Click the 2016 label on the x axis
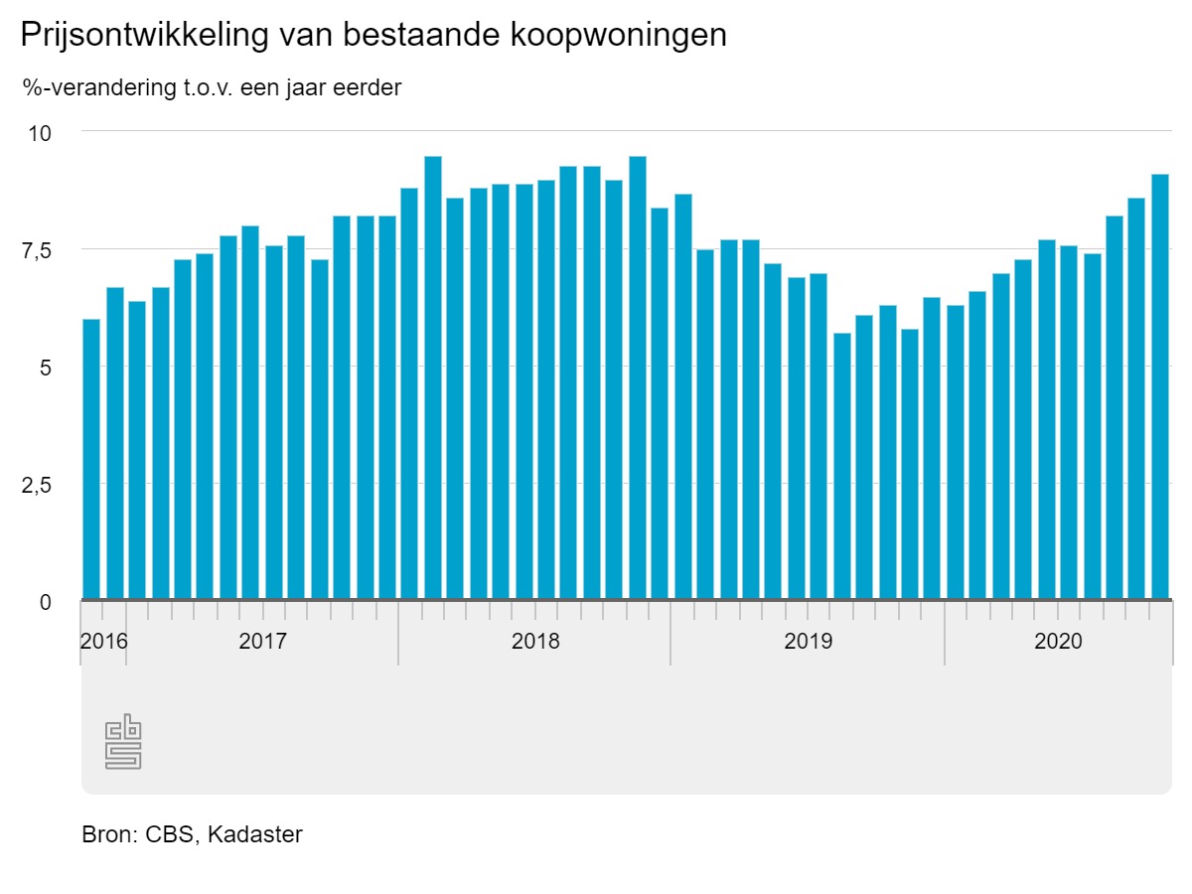tap(103, 641)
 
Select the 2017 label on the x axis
tap(262, 641)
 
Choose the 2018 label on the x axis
tap(535, 641)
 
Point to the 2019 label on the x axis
tap(808, 641)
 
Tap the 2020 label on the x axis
tap(1058, 641)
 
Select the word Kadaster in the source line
tap(254, 834)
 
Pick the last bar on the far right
tap(1160, 386)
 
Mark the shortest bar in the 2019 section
tap(842, 466)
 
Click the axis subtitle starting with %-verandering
tap(212, 87)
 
